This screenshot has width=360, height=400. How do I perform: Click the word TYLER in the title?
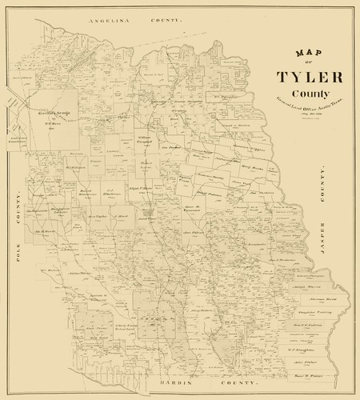click(310, 78)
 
